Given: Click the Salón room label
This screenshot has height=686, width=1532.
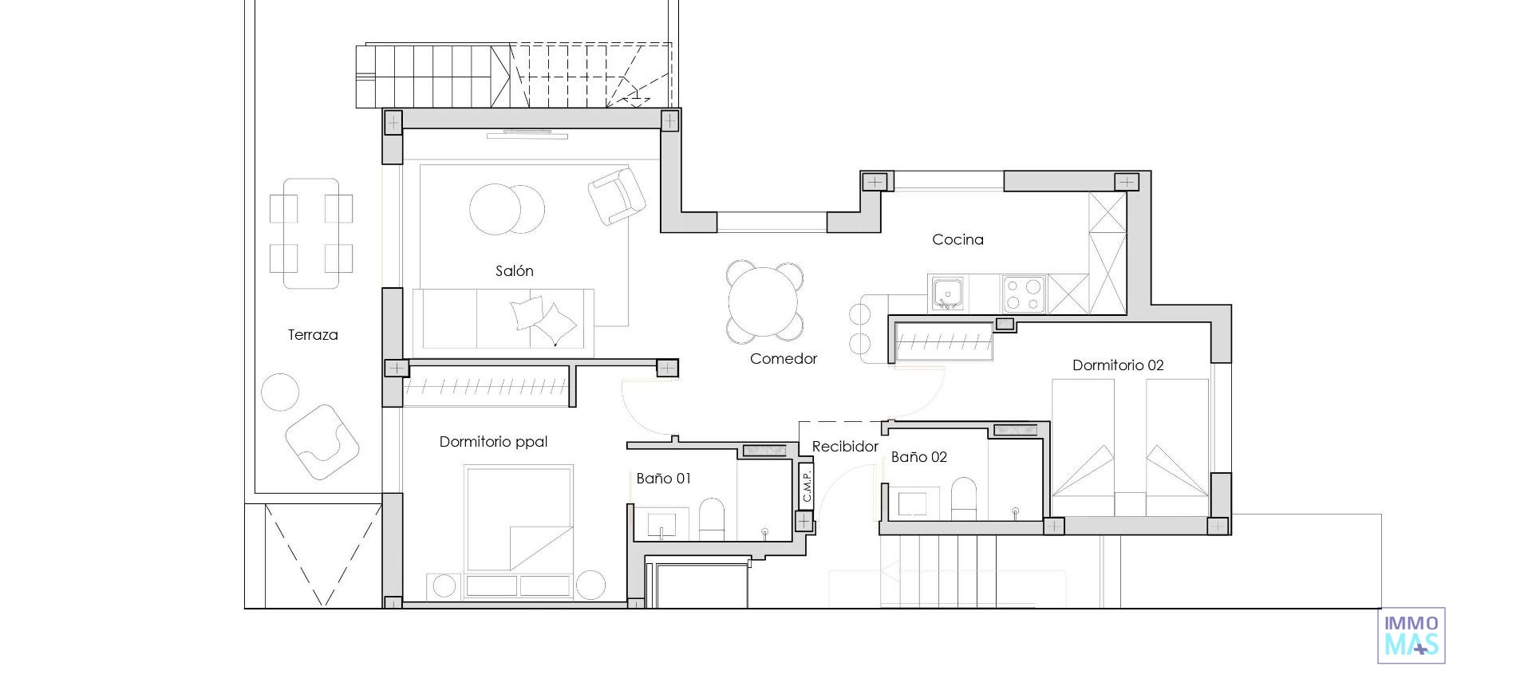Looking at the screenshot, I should (x=514, y=271).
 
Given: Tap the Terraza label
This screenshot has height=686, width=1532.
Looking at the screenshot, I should (x=313, y=335).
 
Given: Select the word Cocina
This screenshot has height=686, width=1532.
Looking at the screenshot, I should (x=958, y=239).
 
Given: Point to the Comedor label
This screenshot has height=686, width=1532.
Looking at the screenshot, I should (x=783, y=359).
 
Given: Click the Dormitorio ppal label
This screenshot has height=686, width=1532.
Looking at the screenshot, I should (x=493, y=442).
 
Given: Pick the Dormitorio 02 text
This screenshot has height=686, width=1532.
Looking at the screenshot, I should (x=1117, y=365).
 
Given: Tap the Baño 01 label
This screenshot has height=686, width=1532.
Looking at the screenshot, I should (x=663, y=479).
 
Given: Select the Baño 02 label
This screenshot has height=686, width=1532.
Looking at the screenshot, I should (x=918, y=457).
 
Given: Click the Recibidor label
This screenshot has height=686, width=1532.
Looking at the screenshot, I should (x=845, y=447).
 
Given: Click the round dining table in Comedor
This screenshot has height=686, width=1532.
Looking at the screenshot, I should (x=764, y=302).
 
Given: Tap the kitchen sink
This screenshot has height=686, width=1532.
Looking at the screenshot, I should (x=946, y=294).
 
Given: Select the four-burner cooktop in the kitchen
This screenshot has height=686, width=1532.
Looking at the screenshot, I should (x=1024, y=294).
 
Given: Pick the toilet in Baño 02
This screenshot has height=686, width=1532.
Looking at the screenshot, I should (x=963, y=498).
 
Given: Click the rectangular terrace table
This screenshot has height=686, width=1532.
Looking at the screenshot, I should (x=311, y=233).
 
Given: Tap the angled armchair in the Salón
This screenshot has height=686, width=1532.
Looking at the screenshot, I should (x=616, y=195).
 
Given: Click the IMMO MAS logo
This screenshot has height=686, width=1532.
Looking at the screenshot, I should (x=1411, y=635).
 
